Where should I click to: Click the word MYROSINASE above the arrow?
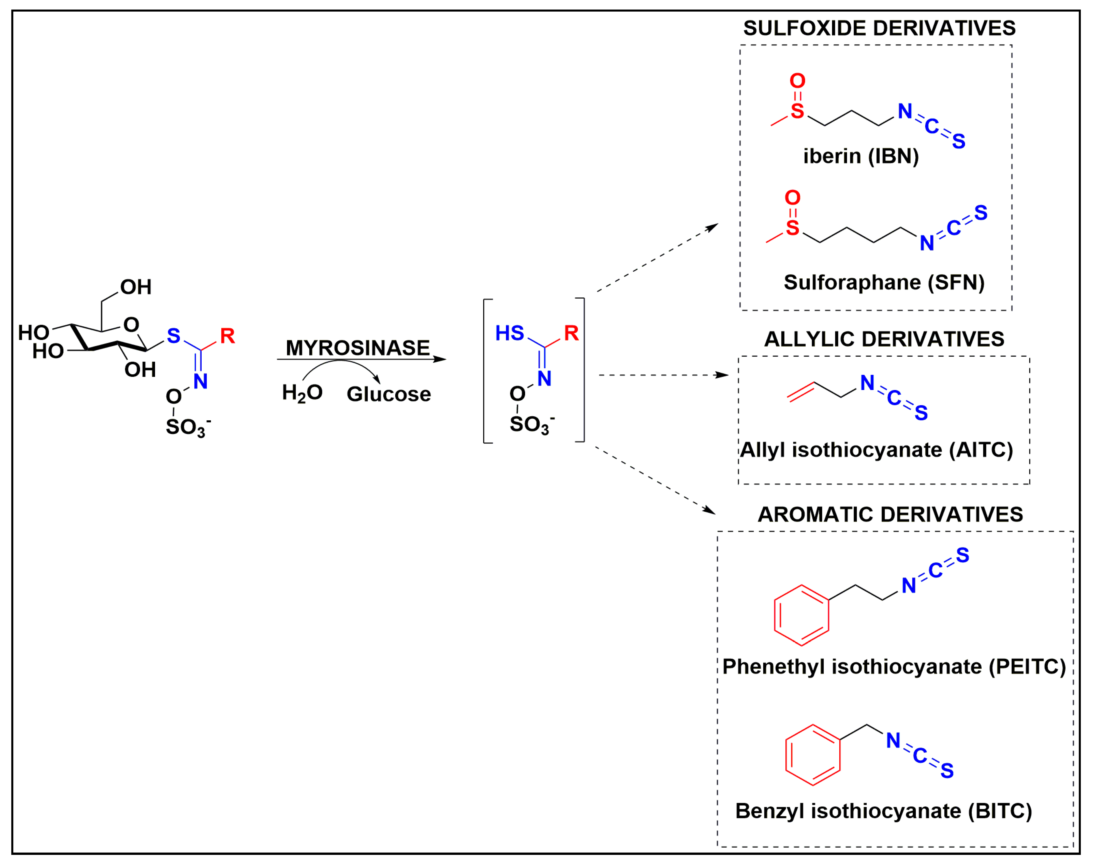pos(358,348)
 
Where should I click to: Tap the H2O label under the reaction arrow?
pos(302,393)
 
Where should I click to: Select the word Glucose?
pos(389,394)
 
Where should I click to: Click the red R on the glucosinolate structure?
pos(227,336)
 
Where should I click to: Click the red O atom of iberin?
pos(797,81)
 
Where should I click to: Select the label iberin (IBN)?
pos(861,156)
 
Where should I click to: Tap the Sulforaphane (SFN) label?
pos(884,282)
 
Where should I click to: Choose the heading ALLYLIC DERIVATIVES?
pos(884,339)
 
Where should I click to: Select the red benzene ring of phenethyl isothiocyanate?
pos(801,615)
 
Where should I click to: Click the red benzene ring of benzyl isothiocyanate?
pos(812,754)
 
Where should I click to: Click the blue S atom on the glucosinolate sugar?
pos(174,336)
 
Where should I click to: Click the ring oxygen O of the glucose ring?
pos(131,325)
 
